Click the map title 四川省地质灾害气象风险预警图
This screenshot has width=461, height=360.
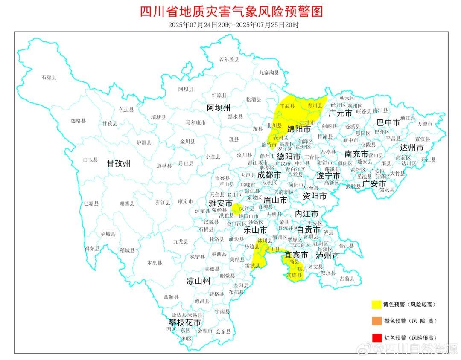(x=231, y=11)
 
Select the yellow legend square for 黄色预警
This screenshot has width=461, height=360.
(x=376, y=304)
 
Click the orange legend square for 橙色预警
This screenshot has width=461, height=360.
(x=376, y=321)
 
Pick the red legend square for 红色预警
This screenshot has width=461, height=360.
(x=376, y=337)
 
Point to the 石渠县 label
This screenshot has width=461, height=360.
(x=49, y=77)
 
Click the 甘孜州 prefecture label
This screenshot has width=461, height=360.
(x=118, y=163)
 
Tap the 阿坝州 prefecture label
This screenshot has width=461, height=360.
(x=219, y=107)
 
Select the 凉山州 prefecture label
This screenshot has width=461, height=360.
(x=198, y=281)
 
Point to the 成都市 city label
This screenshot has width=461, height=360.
(x=269, y=175)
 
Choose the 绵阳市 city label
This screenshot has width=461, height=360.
(x=298, y=128)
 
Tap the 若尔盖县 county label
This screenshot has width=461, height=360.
(x=229, y=60)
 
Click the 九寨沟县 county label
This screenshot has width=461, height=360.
(x=269, y=73)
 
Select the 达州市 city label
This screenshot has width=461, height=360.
(x=411, y=148)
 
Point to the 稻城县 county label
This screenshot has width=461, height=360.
(x=127, y=250)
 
